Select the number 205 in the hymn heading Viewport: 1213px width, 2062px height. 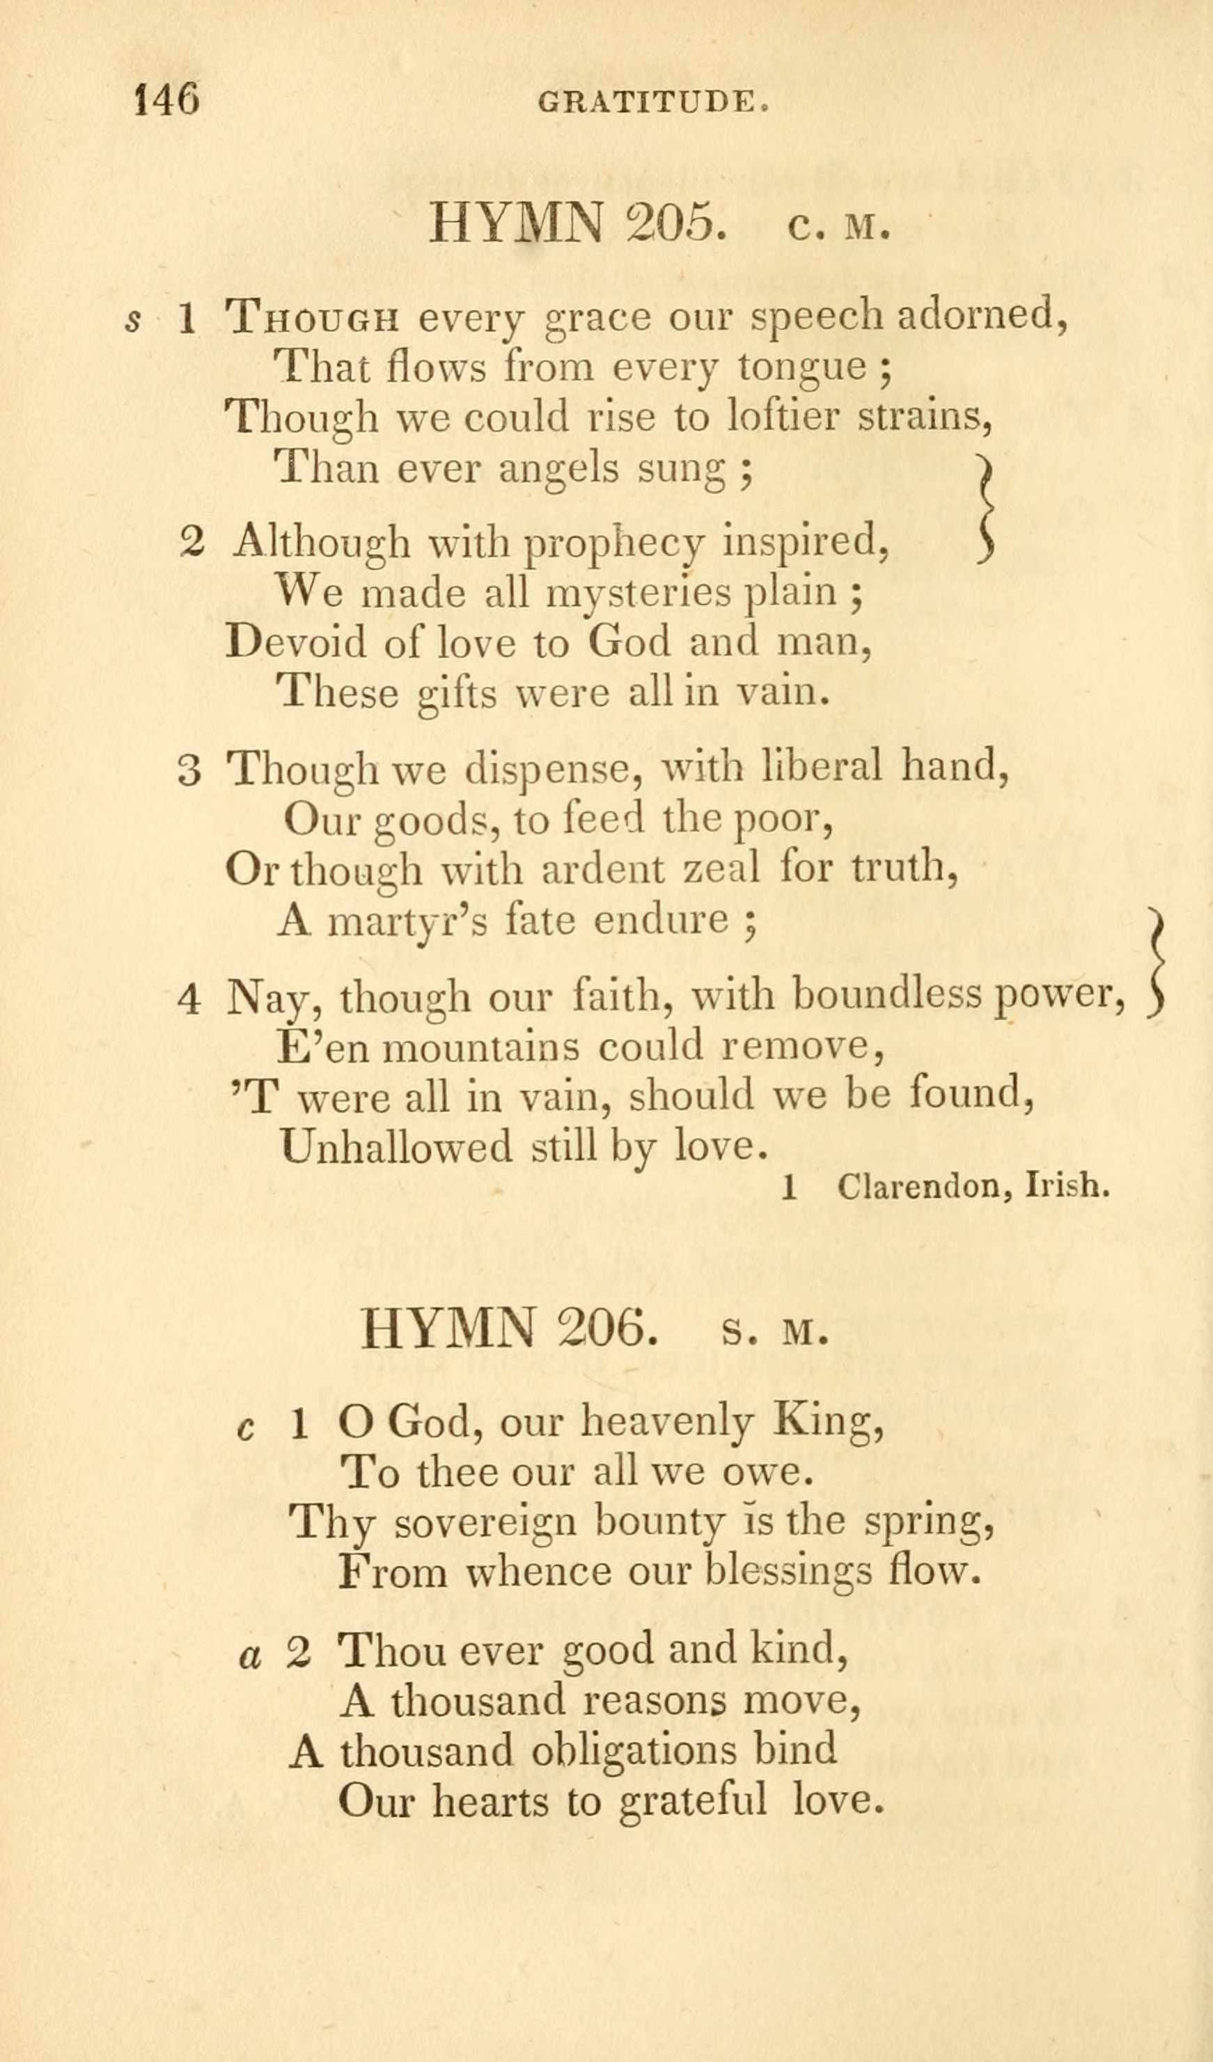pyautogui.click(x=677, y=223)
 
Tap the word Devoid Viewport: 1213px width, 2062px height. pyautogui.click(x=297, y=642)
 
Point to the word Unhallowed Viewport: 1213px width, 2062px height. pyautogui.click(x=395, y=1146)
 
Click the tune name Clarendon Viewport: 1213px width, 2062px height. pyautogui.click(x=920, y=1187)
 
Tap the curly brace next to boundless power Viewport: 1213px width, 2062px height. pyautogui.click(x=1156, y=962)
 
